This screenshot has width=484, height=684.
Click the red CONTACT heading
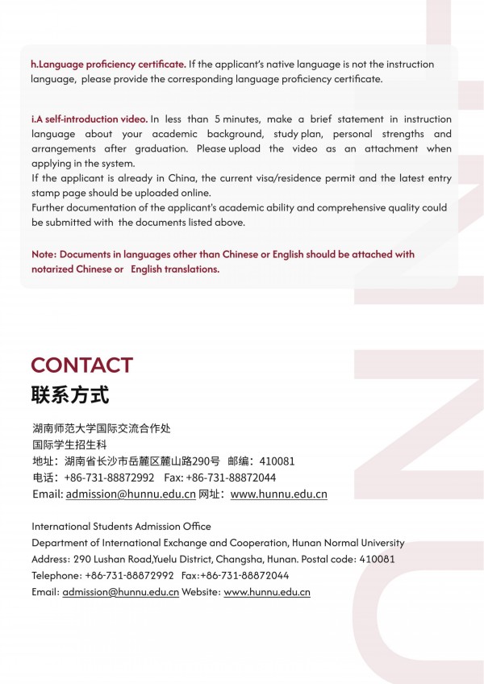click(x=81, y=365)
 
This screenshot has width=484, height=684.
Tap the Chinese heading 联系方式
click(x=69, y=396)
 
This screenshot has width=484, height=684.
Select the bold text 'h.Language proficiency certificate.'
click(x=108, y=64)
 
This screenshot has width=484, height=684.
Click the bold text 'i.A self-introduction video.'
click(x=89, y=119)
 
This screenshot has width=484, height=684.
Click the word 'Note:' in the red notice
click(x=44, y=254)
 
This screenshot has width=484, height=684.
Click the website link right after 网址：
click(x=278, y=494)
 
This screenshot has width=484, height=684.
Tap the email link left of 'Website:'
click(x=120, y=592)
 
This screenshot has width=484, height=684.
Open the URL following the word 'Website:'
click(x=266, y=592)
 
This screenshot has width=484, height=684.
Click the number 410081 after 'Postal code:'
click(x=377, y=559)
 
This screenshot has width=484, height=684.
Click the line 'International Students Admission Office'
click(x=121, y=527)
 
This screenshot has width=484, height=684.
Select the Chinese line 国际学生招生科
click(x=69, y=444)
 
